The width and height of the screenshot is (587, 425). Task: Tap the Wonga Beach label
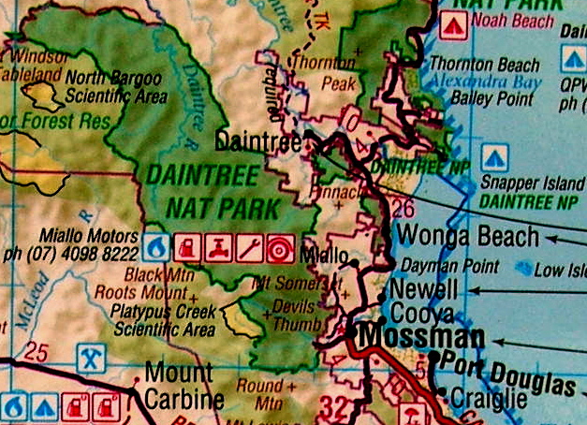click(468, 235)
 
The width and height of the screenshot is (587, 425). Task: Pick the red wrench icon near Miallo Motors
click(248, 248)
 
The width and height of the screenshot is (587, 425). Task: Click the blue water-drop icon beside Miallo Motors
click(154, 248)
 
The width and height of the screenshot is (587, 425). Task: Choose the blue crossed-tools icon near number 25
click(90, 357)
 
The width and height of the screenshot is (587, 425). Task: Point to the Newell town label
click(423, 289)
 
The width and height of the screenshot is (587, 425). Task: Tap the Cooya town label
click(422, 314)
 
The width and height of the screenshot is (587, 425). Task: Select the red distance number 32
click(333, 404)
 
